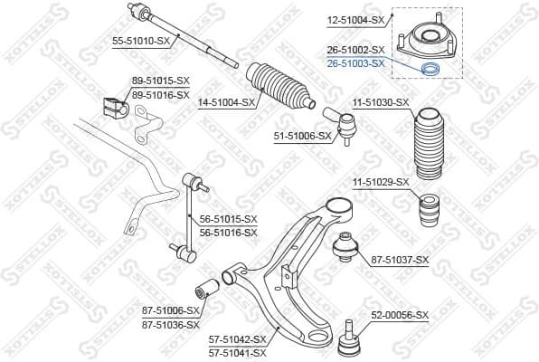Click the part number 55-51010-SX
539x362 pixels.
pos(141,42)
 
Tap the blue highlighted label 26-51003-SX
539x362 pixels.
pos(355,63)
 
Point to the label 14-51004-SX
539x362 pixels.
pos(226,102)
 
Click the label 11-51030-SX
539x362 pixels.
pos(380,102)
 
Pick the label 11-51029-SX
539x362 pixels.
pos(380,182)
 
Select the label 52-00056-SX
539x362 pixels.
pos(401,315)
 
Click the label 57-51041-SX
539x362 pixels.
pos(238,352)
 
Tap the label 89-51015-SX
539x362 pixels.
pos(160,81)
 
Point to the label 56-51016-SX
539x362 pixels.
pos(229,232)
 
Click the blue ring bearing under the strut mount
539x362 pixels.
pos(432,70)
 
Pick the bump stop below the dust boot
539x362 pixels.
pos(430,212)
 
